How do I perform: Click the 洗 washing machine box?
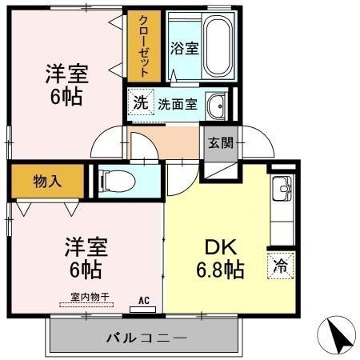[140, 102]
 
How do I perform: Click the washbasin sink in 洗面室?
[216, 104]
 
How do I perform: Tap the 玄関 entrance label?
[221, 144]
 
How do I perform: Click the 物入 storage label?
[46, 182]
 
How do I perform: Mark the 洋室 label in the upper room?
[66, 74]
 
